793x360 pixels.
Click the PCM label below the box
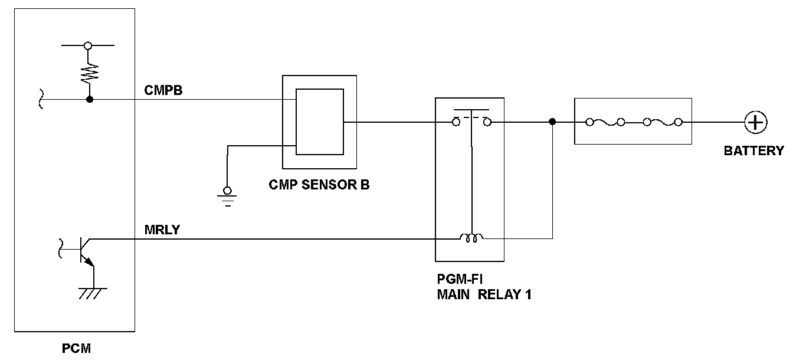[76, 349]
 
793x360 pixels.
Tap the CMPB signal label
[163, 90]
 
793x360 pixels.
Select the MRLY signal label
[162, 230]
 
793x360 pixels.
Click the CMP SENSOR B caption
[319, 184]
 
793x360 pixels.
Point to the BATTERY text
[753, 151]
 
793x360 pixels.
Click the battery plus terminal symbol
[755, 123]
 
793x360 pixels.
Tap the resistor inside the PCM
[89, 74]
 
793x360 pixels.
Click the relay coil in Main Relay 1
[471, 237]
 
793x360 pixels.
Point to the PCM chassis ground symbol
[93, 293]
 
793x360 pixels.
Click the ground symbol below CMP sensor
[227, 197]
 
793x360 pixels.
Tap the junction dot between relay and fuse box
[552, 122]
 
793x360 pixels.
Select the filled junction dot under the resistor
[90, 100]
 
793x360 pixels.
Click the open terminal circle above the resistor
[88, 45]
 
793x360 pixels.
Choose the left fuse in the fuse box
[605, 123]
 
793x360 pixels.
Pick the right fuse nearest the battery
[663, 123]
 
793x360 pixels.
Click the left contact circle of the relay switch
[456, 123]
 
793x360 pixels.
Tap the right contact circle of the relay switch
[487, 123]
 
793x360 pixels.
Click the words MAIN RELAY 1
[484, 294]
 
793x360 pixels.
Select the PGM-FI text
[460, 279]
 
